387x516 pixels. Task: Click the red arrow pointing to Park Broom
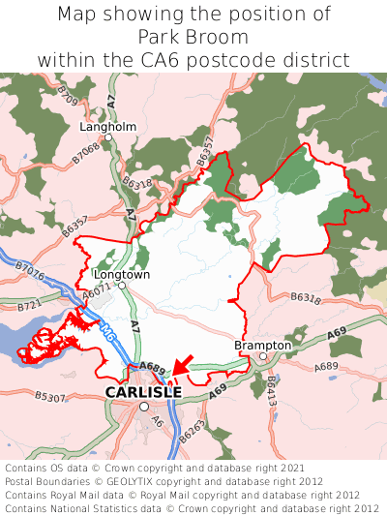[183, 364]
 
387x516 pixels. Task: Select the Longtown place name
[122, 275]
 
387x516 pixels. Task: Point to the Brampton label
[262, 345]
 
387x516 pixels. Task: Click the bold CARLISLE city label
[143, 392]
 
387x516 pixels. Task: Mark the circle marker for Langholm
[109, 138]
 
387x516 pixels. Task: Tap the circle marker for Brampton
[262, 356]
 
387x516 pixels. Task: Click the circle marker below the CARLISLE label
[143, 408]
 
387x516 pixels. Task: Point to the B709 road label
[67, 96]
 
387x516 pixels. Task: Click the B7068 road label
[86, 153]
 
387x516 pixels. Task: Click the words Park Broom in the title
[193, 38]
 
